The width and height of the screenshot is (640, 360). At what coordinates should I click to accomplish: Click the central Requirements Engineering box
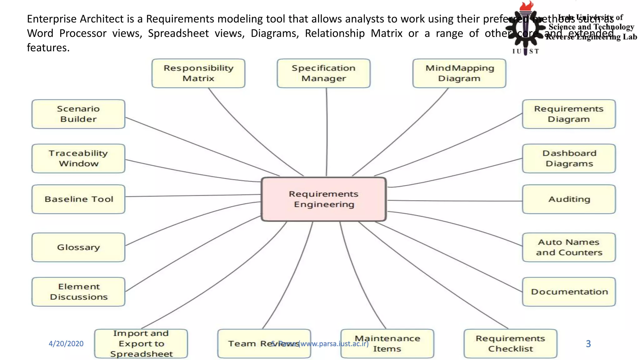point(324,199)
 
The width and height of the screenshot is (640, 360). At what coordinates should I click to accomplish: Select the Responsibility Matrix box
point(198,73)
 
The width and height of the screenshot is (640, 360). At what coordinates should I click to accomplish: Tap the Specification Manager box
point(324,73)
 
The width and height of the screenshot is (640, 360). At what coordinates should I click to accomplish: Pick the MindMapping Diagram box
point(459,73)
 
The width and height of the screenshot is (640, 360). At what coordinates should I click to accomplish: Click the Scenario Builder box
point(78,114)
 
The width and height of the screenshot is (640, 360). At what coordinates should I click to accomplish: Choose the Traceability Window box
point(78,158)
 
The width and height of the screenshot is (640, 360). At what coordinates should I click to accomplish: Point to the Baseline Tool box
point(78,199)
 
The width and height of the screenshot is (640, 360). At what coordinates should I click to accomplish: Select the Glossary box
point(78,247)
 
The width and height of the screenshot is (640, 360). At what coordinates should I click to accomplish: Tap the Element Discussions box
point(78,292)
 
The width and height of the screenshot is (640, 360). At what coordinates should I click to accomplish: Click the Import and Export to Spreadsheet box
point(141,343)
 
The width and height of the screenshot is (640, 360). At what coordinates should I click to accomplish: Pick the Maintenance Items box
point(387,343)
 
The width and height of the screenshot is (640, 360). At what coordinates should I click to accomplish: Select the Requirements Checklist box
point(510,343)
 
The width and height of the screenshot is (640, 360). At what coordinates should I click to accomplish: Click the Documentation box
point(569,292)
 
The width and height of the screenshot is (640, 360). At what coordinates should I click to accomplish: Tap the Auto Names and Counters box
point(569,247)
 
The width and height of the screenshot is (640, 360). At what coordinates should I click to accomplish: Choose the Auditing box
point(569,199)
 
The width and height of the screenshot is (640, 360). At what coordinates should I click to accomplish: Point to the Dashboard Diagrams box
point(569,158)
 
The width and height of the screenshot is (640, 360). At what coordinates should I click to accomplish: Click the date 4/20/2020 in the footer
point(66,344)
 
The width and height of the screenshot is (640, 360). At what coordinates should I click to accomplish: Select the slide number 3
point(588,344)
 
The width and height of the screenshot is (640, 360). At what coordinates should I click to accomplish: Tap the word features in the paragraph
point(48,48)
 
